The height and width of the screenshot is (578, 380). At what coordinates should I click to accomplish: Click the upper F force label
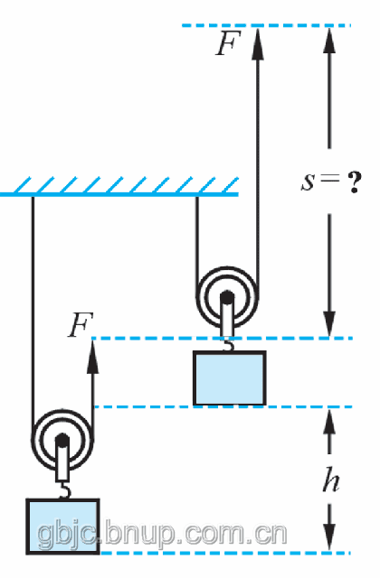[x=228, y=42]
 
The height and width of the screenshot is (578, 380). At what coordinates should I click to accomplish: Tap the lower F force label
[x=81, y=325]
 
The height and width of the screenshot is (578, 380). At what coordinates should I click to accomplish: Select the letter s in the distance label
[x=308, y=182]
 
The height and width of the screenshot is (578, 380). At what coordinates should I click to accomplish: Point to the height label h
[x=330, y=480]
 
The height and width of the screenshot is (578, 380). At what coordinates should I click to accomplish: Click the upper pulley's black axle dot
[x=227, y=297]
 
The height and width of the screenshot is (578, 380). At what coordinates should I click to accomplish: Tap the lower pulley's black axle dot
[x=62, y=440]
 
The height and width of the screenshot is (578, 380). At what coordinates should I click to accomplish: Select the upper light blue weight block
[x=229, y=378]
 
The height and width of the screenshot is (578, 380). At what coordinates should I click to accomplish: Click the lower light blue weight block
[x=62, y=526]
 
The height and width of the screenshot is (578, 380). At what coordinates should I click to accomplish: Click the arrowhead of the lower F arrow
[x=92, y=357]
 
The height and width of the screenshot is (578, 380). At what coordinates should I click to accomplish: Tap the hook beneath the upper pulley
[x=229, y=345]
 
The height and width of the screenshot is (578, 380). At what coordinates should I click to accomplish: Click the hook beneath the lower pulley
[x=64, y=491]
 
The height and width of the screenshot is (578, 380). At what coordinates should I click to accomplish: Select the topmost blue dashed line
[x=266, y=25]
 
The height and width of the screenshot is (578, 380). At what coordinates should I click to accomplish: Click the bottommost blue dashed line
[x=225, y=553]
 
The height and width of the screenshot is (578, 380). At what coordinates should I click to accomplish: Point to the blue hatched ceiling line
[x=119, y=194]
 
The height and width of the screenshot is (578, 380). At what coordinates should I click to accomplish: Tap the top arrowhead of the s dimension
[x=329, y=42]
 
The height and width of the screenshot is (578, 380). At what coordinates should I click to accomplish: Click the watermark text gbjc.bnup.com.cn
[x=162, y=534]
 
